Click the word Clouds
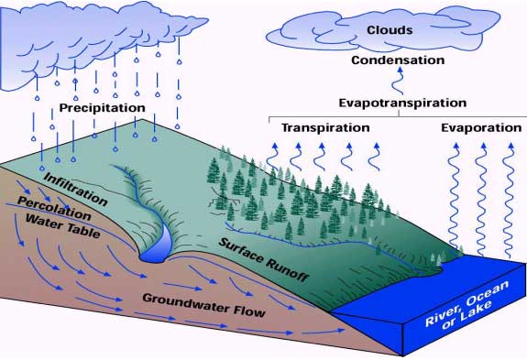pyautogui.click(x=390, y=30)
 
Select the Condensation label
pyautogui.click(x=391, y=60)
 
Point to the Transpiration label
pyautogui.click(x=325, y=128)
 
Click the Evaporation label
pyautogui.click(x=480, y=128)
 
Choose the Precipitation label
pyautogui.click(x=103, y=108)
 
